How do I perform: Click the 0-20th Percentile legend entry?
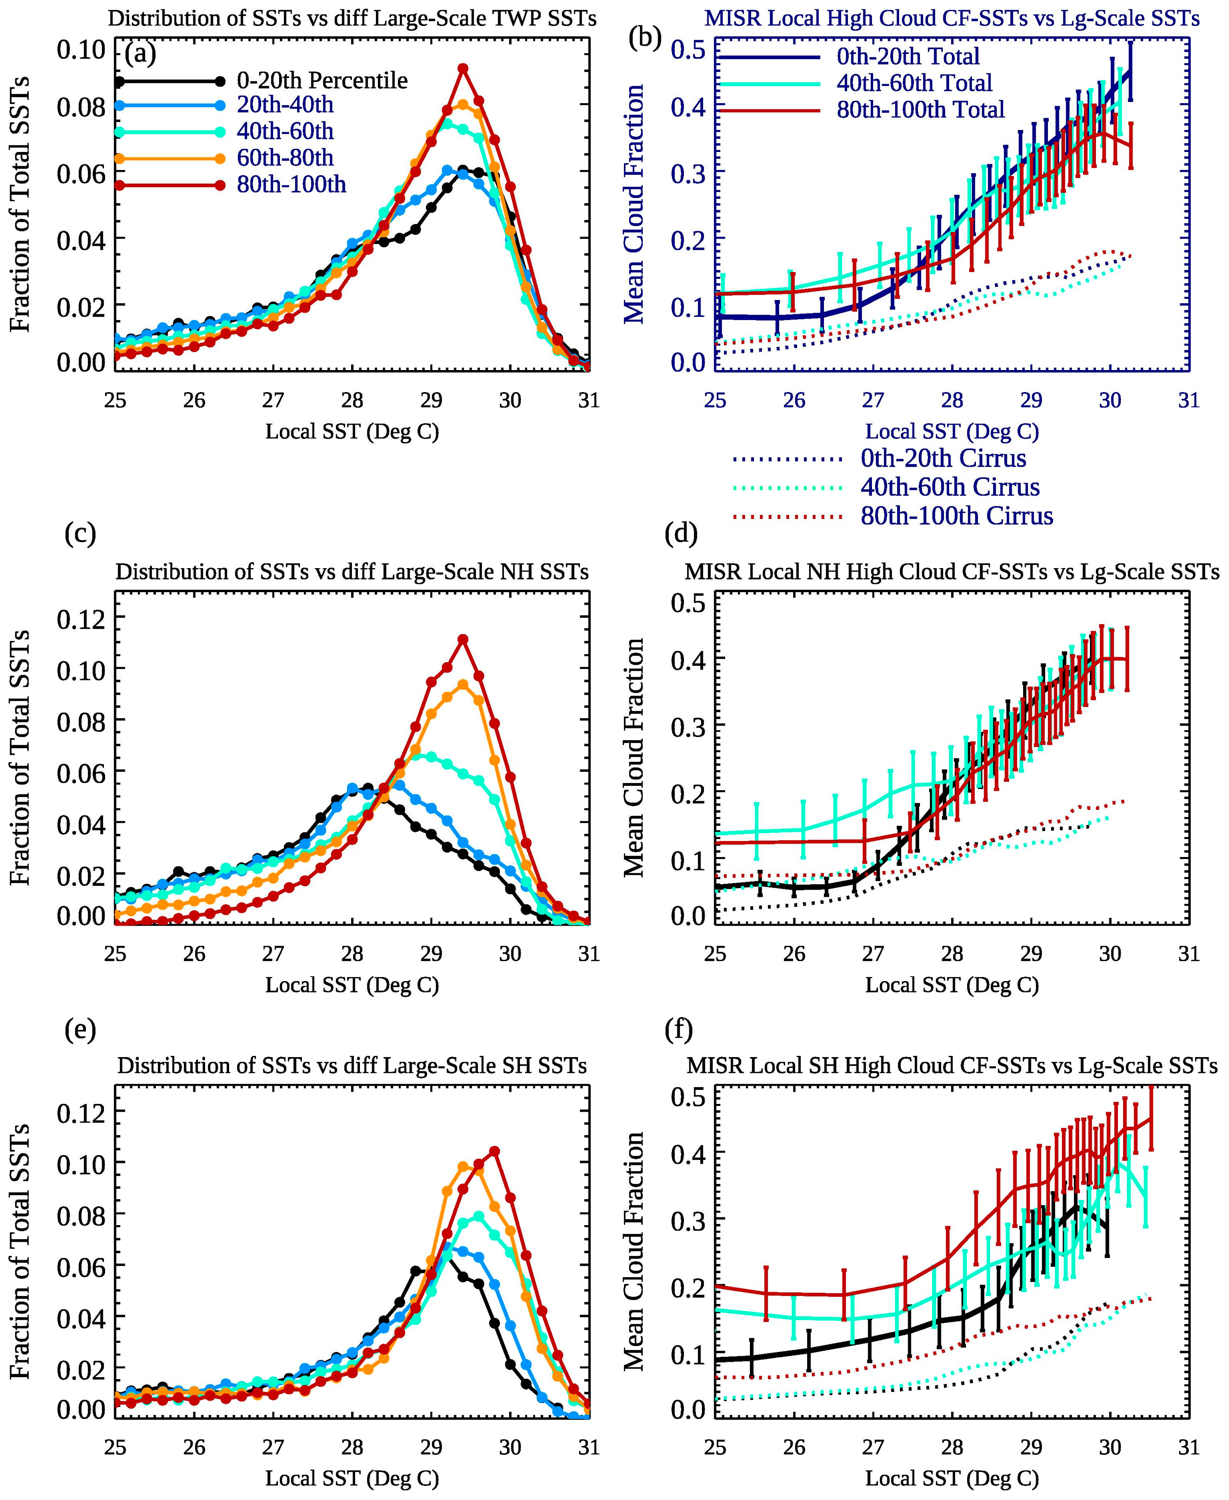pos(322,81)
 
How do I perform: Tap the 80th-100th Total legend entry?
pos(920,110)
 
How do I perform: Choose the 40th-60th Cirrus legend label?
pos(950,487)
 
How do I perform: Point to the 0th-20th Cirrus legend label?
pos(943,458)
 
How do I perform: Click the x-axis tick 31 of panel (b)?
pos(1188,401)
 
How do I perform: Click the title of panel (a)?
pos(352,19)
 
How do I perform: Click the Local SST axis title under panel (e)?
pos(352,1478)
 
